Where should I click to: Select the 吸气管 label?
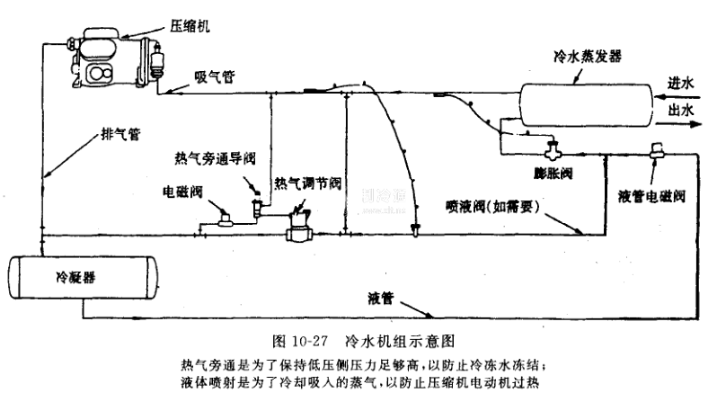coord(216,77)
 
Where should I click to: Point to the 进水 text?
coord(682,83)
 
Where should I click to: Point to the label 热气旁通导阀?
coord(215,158)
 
